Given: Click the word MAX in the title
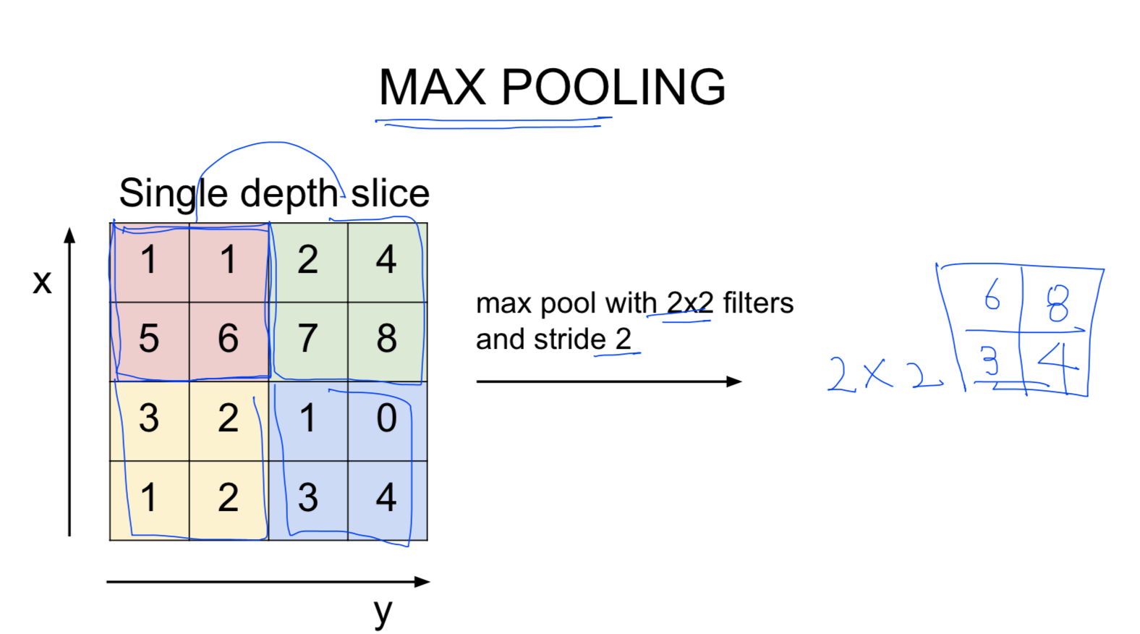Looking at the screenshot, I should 432,88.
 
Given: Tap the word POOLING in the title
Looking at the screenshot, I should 613,88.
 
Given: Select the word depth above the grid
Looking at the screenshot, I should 289,193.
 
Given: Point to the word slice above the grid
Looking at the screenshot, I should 391,193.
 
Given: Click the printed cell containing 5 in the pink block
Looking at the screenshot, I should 149,339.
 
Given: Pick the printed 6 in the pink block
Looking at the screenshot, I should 228,339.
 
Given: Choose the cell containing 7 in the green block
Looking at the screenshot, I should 307,339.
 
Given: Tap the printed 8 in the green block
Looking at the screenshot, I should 387,339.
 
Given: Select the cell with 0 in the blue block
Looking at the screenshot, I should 387,418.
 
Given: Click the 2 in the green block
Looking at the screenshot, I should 307,260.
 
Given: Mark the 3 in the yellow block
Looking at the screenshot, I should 149,418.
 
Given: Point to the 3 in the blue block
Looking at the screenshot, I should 307,498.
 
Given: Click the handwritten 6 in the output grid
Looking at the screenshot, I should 992,295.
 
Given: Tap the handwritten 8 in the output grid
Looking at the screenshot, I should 1058,303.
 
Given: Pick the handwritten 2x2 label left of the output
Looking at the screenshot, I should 883,374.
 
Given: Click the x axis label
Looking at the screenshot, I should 43,282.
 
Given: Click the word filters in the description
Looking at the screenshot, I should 758,303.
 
